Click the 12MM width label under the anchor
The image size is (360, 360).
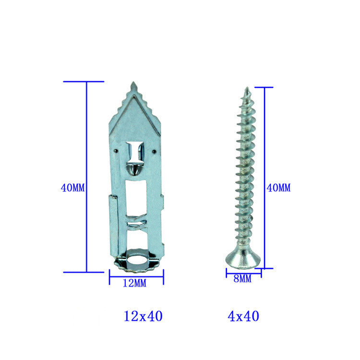pos(134,283)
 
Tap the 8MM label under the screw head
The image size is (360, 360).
pos(242,279)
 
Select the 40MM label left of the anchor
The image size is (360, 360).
pos(72,188)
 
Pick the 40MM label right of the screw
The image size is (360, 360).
pos(278,188)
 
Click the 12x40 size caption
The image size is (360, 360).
pos(143,316)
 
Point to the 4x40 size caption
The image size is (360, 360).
pos(243,316)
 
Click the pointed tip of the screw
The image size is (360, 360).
pos(247,87)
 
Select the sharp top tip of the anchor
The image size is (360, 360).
pos(133,82)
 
